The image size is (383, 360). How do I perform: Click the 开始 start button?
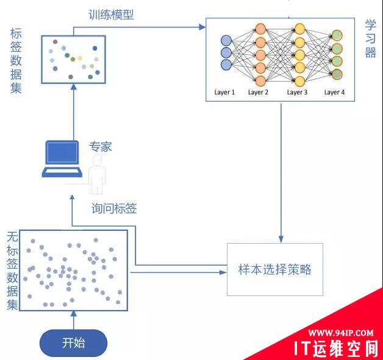(x=73, y=343)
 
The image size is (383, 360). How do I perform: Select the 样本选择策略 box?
(x=274, y=269)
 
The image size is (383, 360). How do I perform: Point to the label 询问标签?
(x=113, y=209)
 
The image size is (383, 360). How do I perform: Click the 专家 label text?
(x=101, y=147)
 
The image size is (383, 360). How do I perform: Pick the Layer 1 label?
(x=224, y=92)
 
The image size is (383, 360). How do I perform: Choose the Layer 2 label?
(x=258, y=92)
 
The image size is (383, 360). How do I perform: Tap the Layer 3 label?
(x=297, y=92)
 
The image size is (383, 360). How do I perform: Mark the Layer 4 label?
(x=334, y=92)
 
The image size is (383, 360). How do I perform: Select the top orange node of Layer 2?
(x=260, y=29)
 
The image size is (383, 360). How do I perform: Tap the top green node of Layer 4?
(x=336, y=35)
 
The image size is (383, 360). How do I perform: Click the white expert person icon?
(x=96, y=172)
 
